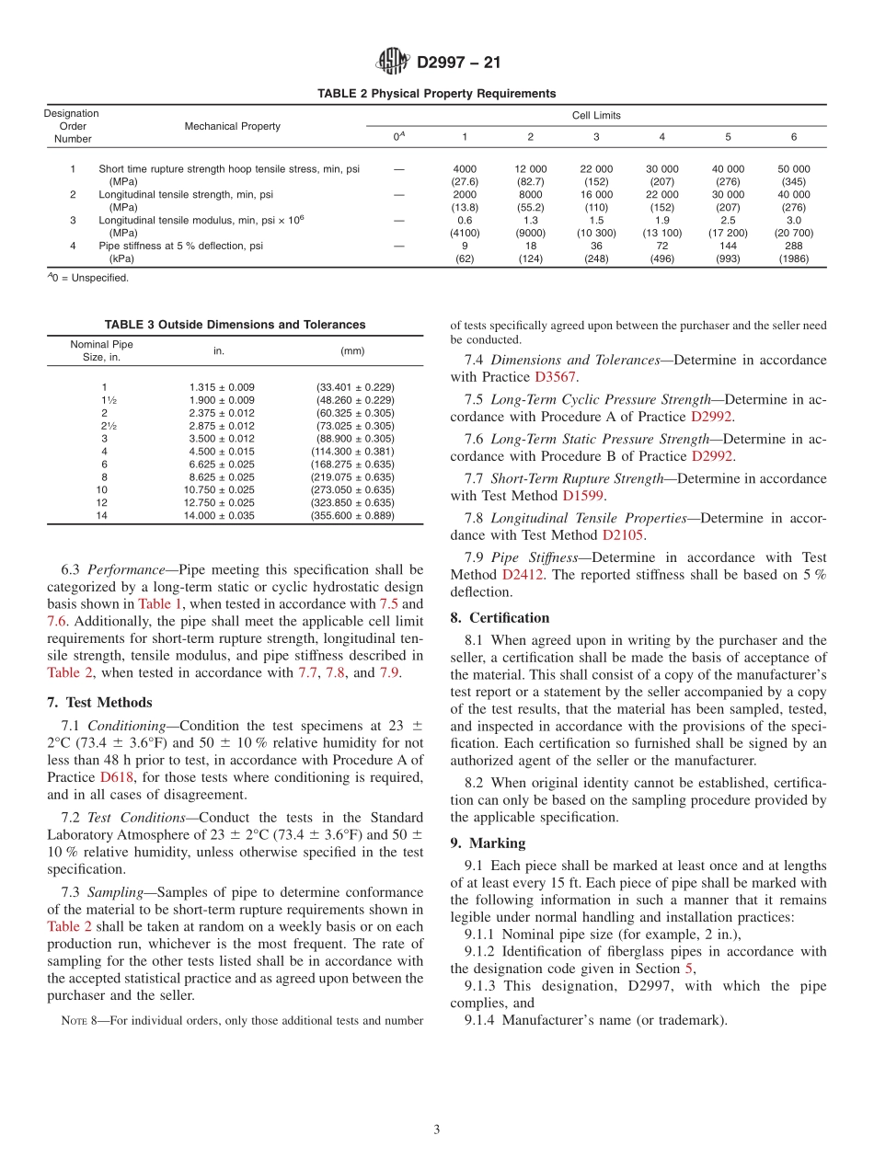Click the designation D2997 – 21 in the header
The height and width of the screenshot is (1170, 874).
coord(458,63)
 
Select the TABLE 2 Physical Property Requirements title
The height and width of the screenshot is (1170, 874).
coord(436,94)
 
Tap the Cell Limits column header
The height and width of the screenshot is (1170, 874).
coord(596,116)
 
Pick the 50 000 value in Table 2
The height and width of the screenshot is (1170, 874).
coord(793,169)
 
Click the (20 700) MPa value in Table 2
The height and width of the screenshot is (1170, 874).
coord(793,234)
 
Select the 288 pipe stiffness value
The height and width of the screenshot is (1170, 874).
coord(793,247)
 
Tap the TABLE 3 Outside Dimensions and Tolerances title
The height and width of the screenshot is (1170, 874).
coord(235,325)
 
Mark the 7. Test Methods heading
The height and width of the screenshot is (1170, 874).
coord(99,703)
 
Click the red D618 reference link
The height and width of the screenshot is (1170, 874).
coord(117,777)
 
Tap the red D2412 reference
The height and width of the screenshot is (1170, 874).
coord(521,575)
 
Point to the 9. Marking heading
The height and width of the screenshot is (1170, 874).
coord(488,843)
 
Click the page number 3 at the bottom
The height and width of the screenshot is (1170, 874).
coord(437,1130)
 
